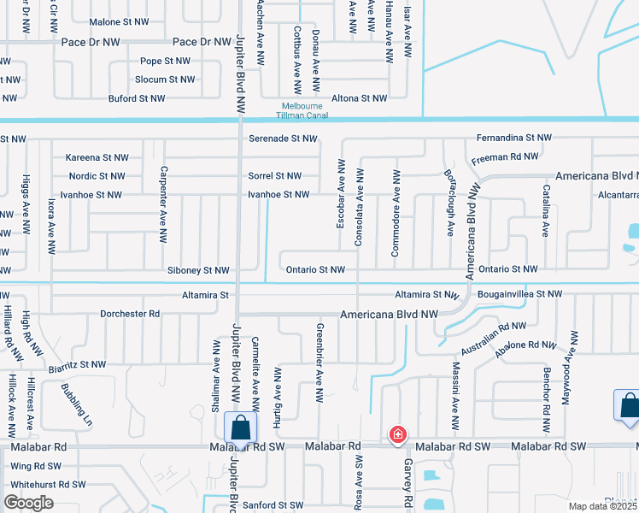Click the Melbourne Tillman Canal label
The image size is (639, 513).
[301, 111]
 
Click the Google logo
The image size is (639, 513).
[29, 503]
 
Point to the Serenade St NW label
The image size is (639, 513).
[283, 139]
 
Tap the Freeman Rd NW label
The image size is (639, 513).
[506, 156]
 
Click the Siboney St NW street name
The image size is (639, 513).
[198, 270]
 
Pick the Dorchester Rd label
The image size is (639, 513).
[130, 314]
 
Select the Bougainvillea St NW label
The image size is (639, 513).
[519, 294]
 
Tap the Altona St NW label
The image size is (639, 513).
[360, 98]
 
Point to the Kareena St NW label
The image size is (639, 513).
[97, 157]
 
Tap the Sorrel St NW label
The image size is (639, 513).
[274, 176]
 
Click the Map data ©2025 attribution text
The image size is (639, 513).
[603, 506]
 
